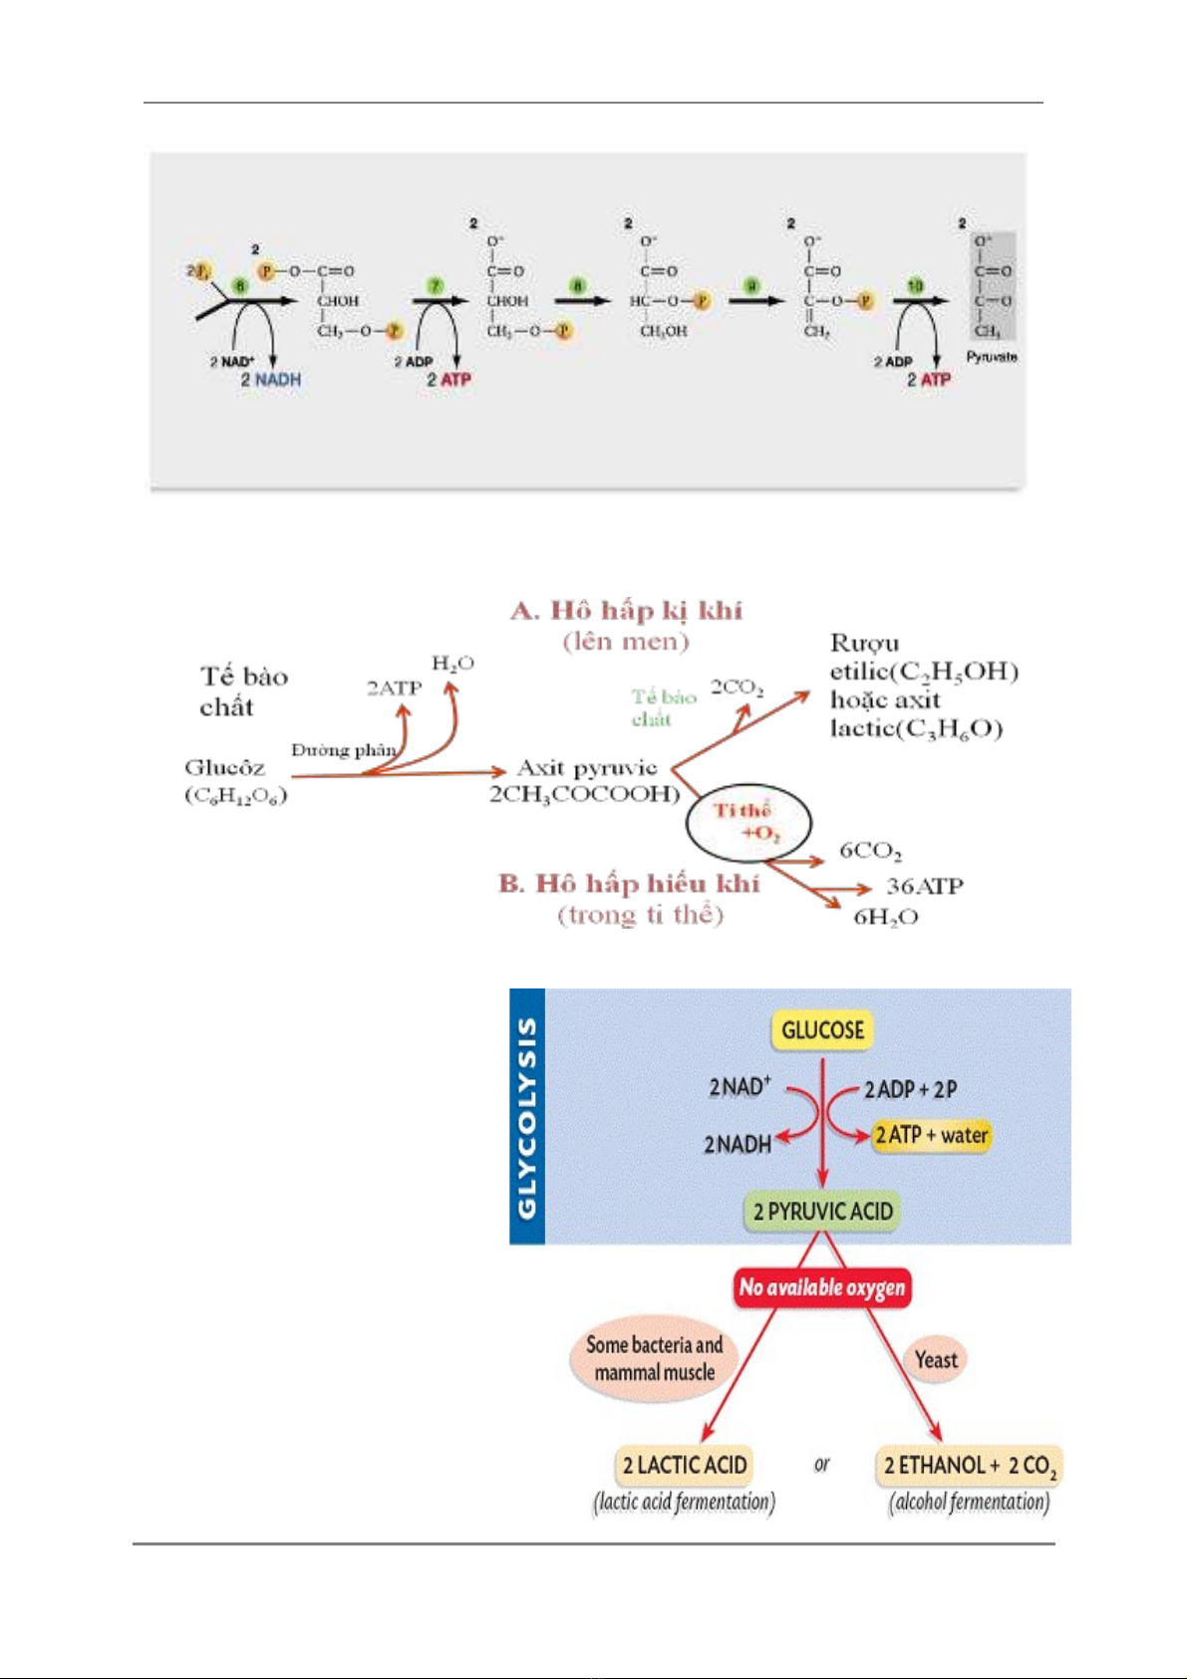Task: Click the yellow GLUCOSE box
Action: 822,1030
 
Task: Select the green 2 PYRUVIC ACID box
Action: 823,1212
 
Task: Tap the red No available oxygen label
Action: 822,1287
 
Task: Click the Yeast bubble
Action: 936,1360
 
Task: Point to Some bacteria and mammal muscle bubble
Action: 654,1359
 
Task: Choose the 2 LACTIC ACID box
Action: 684,1465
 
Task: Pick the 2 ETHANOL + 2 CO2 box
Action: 969,1466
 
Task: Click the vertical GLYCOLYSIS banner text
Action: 527,1117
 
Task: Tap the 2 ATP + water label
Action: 931,1135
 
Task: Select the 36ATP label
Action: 924,886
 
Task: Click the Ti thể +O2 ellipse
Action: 748,822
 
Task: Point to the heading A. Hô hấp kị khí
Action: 626,610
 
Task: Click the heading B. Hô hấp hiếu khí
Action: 629,884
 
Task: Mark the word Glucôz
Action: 225,767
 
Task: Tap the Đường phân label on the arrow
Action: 343,749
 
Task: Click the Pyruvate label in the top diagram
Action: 991,357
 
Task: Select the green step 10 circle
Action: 915,287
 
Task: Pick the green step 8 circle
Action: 578,287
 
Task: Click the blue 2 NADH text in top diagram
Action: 270,380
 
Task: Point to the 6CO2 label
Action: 870,850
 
